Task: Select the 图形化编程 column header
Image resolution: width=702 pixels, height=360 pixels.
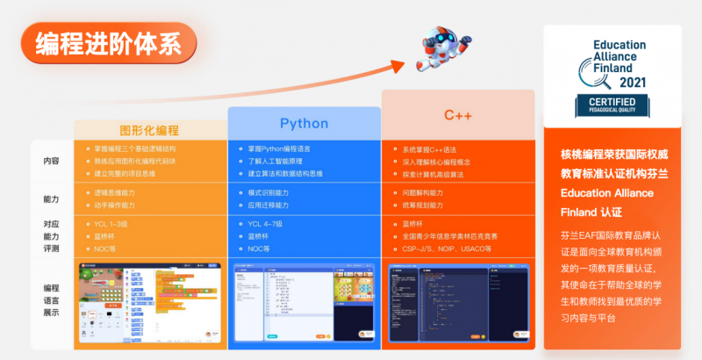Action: coord(149,129)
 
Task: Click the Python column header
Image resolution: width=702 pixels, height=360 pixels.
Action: coord(304,123)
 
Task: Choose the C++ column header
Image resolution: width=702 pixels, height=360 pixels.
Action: coord(458,115)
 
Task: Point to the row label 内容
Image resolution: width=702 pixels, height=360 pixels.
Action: coord(52,162)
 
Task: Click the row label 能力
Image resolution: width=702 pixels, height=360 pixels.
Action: coord(52,199)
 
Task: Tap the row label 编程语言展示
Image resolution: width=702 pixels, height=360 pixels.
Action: coord(52,300)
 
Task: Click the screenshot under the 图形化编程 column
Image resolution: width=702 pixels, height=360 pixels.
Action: coord(149,301)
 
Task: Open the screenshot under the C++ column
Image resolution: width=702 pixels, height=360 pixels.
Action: coord(458,301)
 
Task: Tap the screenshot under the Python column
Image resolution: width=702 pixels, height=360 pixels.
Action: coord(304,301)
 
